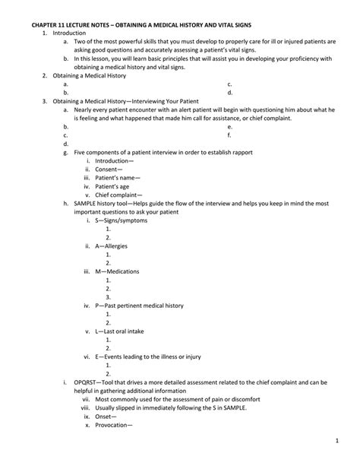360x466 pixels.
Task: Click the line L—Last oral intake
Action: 126,331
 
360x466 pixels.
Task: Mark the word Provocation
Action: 114,425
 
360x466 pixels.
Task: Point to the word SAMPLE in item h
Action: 89,204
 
